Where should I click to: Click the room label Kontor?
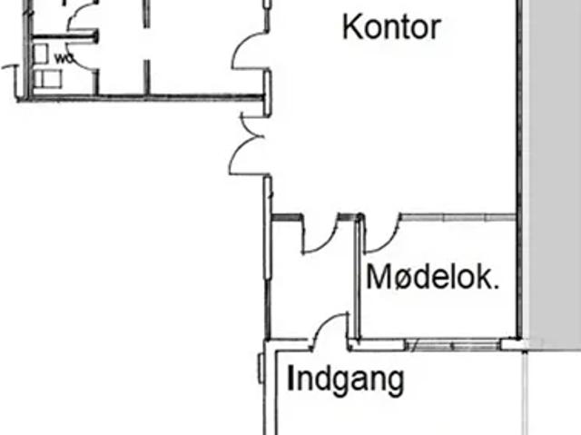click(x=391, y=26)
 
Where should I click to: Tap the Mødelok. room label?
click(x=432, y=277)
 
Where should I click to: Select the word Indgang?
click(x=346, y=379)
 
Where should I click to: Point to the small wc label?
click(x=64, y=59)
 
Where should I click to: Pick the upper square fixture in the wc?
click(x=42, y=53)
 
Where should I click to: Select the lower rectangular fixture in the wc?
click(x=47, y=79)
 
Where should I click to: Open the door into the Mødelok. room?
click(x=381, y=234)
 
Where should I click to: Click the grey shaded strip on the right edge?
click(x=553, y=163)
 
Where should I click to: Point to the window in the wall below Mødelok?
click(x=454, y=345)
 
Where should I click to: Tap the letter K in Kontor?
click(x=351, y=26)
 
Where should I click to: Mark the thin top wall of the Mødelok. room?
click(x=458, y=217)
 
